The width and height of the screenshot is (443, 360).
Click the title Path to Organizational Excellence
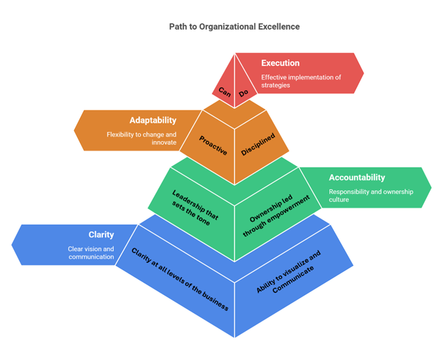235,27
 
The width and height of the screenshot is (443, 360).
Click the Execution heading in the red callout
280,63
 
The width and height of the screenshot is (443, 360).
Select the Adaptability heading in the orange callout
153,120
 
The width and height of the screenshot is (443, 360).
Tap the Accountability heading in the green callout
357,178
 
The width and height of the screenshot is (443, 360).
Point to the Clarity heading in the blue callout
101,235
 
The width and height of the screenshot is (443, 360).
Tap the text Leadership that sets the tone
196,206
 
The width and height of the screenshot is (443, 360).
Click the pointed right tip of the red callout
364,73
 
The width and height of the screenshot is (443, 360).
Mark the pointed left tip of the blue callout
12,244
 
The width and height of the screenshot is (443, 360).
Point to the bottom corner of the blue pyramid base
235,337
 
